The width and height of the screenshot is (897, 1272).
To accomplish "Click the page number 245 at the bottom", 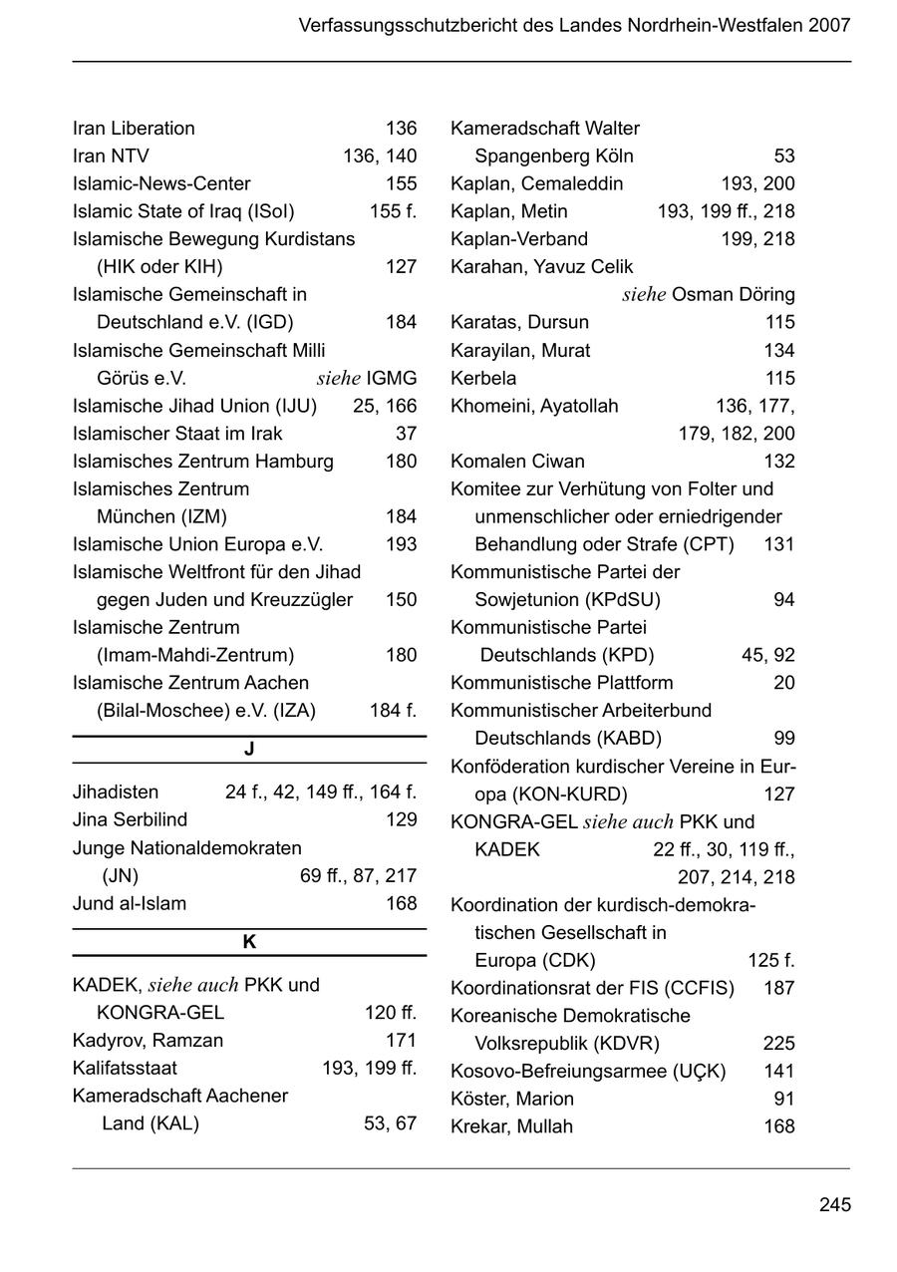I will coord(834,1205).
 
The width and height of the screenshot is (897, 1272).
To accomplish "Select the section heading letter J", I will coord(249,750).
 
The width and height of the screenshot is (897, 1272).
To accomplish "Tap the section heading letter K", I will coord(249,942).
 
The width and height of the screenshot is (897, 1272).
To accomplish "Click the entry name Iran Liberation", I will coord(134,129).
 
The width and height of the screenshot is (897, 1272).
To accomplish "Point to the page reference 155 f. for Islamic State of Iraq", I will coord(393,211).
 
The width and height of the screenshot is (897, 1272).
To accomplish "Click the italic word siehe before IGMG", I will coord(338,379).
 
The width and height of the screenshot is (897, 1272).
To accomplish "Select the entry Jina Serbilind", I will coord(130,819).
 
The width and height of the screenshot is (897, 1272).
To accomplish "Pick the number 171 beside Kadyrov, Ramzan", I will coord(401,1041).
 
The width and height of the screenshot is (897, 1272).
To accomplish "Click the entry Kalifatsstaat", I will coord(125,1069).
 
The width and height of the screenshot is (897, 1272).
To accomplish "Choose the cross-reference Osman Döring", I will coord(734,295).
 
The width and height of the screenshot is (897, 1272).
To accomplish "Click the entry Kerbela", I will coord(483,379).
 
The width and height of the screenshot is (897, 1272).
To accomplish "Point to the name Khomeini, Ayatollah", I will coord(534,407).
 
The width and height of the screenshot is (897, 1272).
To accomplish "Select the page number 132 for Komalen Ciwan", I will coord(778,462).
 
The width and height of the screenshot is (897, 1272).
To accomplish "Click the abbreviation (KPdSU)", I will coord(623,600).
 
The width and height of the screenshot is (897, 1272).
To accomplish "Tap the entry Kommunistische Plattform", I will coord(561,683).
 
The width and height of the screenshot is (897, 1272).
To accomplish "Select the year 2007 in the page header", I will coord(829,25).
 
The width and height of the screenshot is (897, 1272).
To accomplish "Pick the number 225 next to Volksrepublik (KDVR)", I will coord(778,1044).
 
